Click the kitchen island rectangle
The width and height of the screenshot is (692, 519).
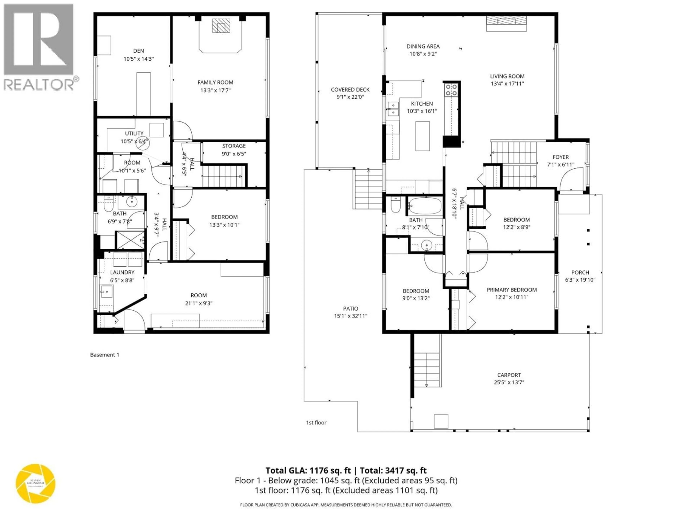[x=422, y=136]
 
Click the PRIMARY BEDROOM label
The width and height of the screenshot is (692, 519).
[x=511, y=290]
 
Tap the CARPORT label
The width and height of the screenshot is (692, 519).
[x=509, y=375]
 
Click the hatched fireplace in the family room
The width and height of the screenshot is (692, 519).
[x=221, y=26]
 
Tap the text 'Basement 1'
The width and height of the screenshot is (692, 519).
[x=105, y=355]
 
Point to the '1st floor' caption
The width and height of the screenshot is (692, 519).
[x=316, y=423]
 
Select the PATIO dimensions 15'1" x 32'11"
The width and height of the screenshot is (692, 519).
[x=350, y=316]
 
